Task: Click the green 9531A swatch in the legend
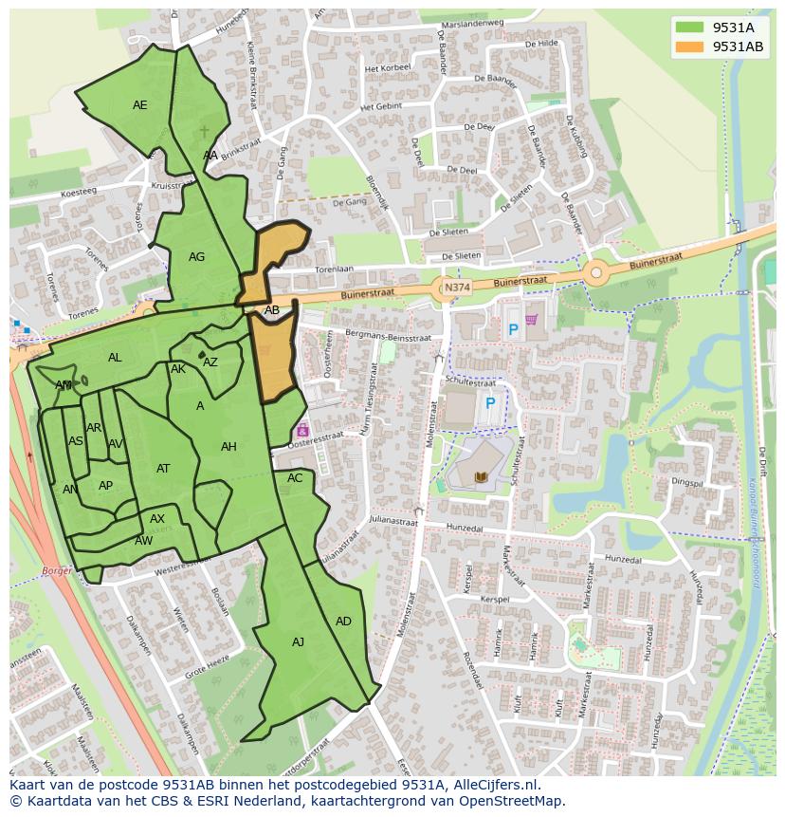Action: tap(690, 28)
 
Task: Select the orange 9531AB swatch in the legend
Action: tap(690, 46)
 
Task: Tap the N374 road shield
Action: tap(456, 287)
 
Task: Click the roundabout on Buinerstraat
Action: tap(595, 273)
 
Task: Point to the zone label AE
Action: tap(140, 105)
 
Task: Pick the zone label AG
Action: tap(196, 257)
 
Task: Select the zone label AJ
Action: tap(298, 642)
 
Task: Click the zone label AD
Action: tap(343, 622)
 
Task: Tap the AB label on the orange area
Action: tap(272, 310)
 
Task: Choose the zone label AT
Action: tap(163, 469)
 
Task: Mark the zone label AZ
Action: tap(210, 362)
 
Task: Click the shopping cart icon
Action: tap(531, 320)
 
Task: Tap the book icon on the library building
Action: tap(478, 476)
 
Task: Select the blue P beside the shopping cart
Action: tap(513, 330)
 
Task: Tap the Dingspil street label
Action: tap(687, 482)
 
